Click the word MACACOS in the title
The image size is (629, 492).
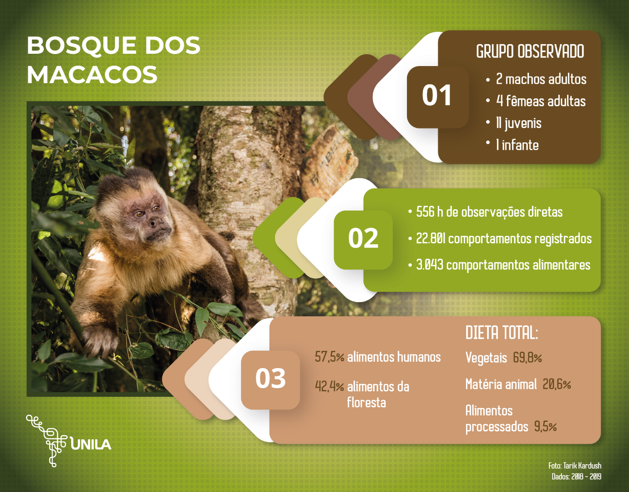pos(92,74)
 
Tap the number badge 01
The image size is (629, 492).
pos(437,97)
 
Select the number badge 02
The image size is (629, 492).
pos(363,240)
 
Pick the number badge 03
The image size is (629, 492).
pos(270,379)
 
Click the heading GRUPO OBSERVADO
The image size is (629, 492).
pos(530,51)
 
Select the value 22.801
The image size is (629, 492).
pos(431,239)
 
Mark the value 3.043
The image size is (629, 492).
pos(430,265)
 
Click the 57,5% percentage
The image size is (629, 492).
pos(330,357)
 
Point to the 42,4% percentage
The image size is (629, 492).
pos(330,386)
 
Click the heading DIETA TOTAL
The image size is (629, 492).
pos(502,333)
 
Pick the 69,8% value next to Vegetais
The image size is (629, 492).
pos(528,358)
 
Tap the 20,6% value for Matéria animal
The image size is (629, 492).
pos(557,384)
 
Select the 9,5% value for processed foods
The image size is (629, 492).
pos(545,426)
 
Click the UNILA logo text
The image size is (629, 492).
pos(91,445)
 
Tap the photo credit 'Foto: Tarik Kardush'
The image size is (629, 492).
pos(574,466)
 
